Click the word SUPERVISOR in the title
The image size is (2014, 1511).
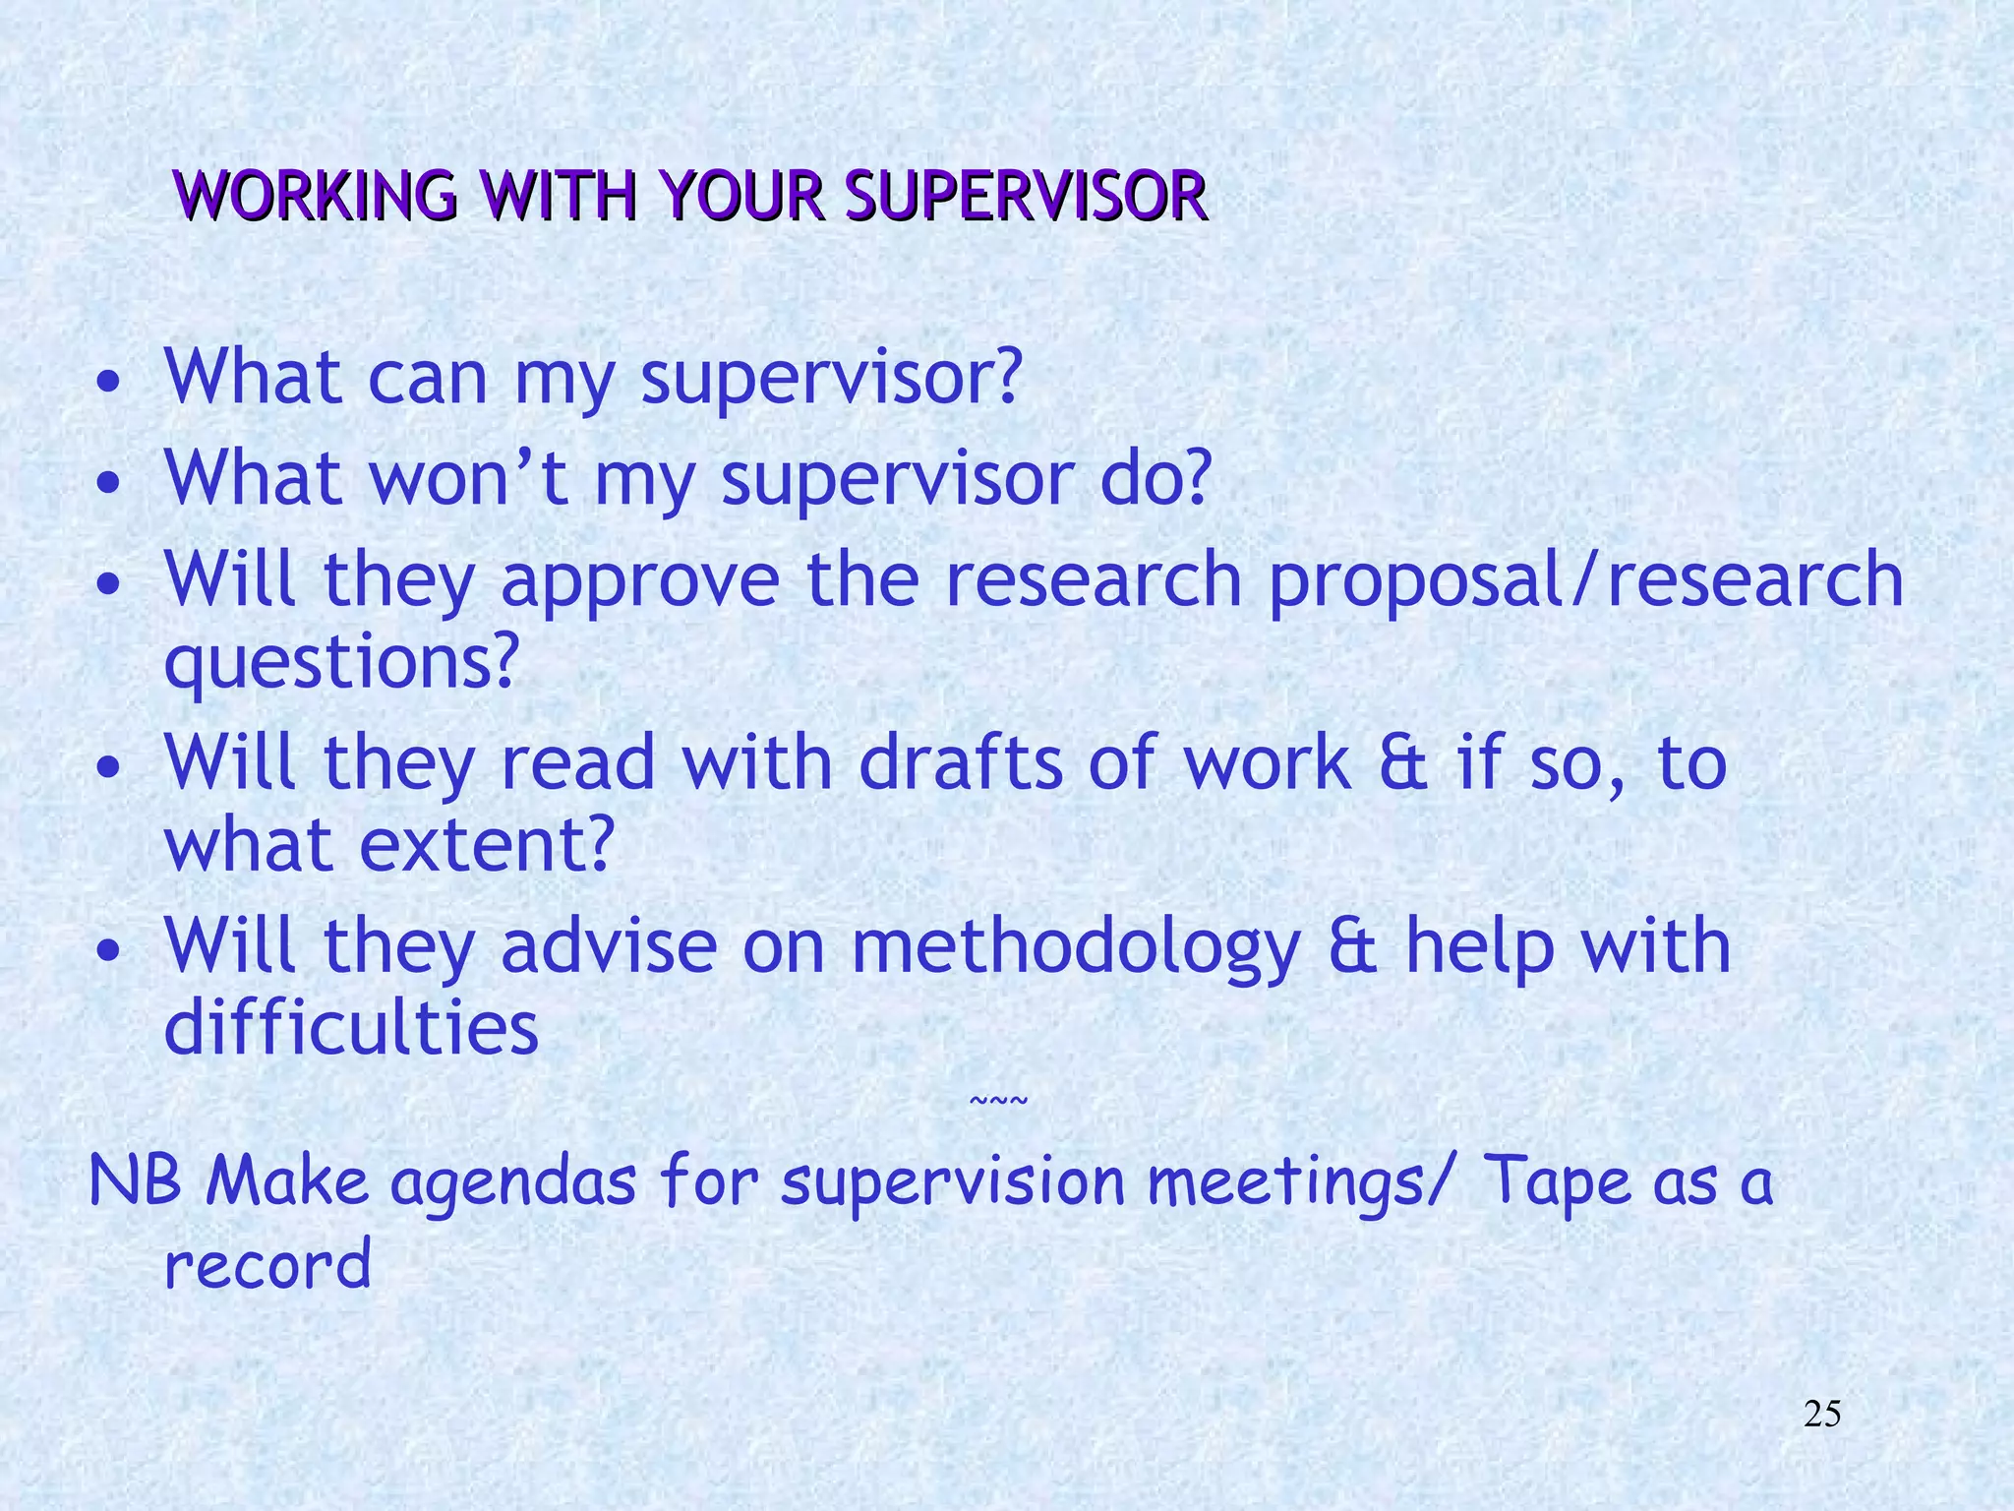pos(1026,196)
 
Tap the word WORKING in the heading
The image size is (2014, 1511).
pos(315,196)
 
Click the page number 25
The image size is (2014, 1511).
pos(1822,1415)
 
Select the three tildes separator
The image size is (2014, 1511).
pos(998,1100)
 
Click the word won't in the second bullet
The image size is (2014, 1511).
pos(469,478)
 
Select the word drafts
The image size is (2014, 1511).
pos(961,763)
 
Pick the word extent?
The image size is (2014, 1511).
pos(487,845)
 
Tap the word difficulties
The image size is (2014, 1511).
pos(351,1029)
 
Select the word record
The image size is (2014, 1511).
pos(267,1265)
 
